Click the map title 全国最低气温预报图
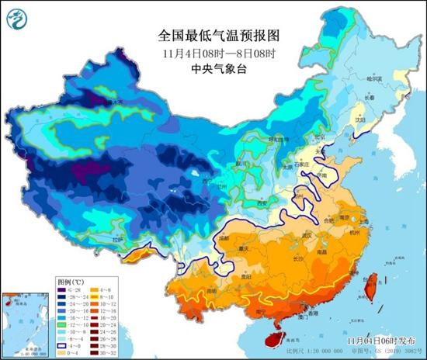(213, 36)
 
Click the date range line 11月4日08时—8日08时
(213, 54)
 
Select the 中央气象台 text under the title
(213, 69)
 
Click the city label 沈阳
(359, 120)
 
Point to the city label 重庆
(248, 250)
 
